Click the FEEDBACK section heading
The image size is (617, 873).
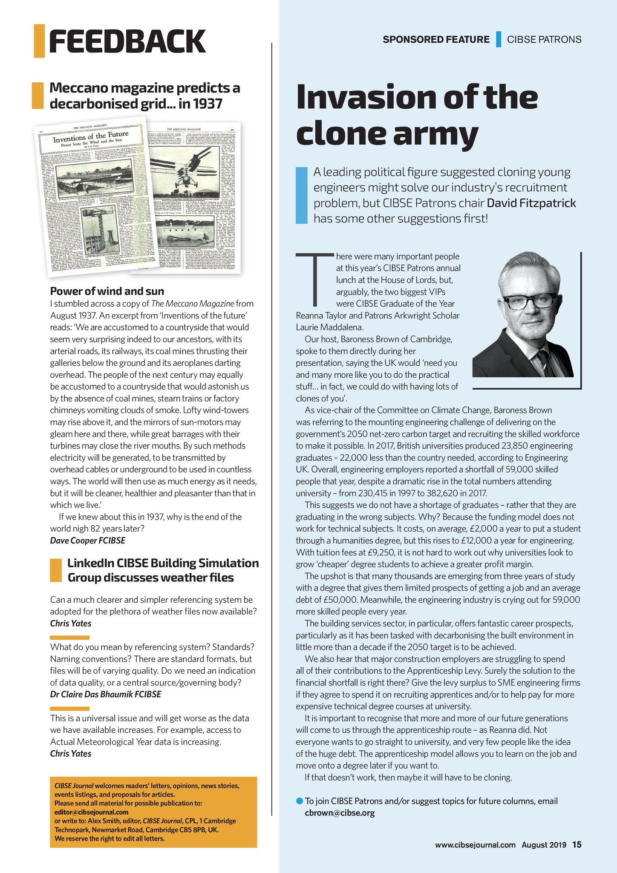point(127,41)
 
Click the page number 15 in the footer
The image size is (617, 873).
point(577,844)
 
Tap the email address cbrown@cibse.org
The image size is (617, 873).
point(340,812)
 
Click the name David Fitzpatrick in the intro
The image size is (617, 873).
point(531,203)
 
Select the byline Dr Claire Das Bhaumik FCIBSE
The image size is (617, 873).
point(106,694)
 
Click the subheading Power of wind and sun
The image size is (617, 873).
point(107,292)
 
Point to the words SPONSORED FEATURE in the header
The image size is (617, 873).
point(436,40)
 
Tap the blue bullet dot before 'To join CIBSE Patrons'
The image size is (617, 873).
point(299,801)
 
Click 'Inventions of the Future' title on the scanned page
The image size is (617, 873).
point(90,138)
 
